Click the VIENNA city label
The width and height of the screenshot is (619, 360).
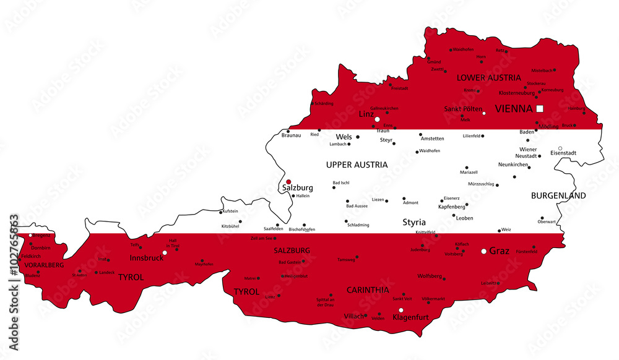513,109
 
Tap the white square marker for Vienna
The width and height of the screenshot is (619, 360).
540,108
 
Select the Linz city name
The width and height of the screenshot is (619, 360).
365,114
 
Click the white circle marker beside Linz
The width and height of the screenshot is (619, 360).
377,119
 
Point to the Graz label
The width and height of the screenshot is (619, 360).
500,251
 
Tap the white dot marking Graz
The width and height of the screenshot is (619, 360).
484,251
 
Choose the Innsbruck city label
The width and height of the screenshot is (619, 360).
146,257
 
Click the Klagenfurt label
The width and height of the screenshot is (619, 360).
412,318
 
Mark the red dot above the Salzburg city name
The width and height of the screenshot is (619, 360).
288,182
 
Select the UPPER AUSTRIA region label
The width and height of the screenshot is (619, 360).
357,165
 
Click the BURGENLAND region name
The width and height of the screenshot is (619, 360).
558,195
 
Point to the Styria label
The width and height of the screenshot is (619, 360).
414,222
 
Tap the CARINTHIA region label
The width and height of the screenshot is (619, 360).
368,289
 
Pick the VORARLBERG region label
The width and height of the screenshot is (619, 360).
44,265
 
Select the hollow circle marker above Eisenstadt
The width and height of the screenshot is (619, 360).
560,148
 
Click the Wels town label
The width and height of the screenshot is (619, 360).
344,137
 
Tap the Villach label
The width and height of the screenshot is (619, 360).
354,316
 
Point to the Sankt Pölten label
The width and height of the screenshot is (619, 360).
462,109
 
